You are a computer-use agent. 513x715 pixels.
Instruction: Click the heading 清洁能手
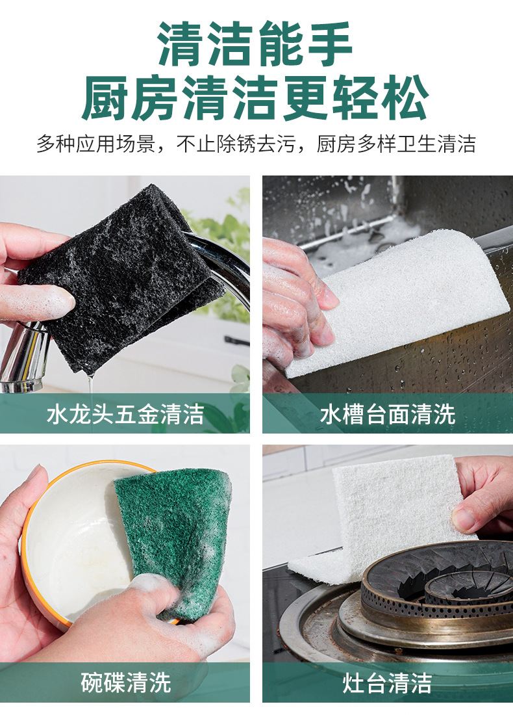[256, 44]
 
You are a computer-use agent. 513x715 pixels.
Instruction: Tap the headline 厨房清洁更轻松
[256, 98]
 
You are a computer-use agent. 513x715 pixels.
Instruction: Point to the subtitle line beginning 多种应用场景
[256, 144]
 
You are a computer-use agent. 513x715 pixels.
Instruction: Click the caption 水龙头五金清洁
[125, 414]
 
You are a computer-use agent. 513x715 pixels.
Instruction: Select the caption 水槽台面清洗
[387, 414]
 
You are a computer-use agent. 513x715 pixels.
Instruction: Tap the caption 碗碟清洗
[125, 682]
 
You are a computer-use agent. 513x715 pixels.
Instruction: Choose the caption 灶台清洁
[387, 682]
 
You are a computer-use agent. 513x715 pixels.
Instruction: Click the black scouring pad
[123, 273]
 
